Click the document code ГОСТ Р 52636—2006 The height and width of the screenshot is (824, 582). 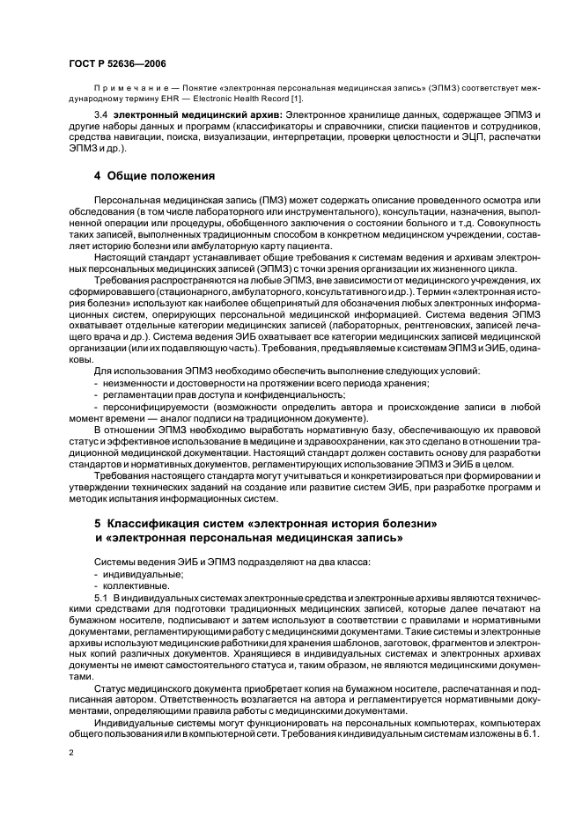point(116,64)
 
